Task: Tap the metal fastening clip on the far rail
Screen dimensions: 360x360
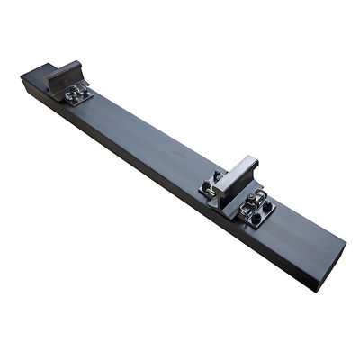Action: pyautogui.click(x=78, y=91)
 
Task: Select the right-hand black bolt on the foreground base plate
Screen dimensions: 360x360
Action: pyautogui.click(x=267, y=206)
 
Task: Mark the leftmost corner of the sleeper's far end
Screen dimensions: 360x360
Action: pyautogui.click(x=21, y=78)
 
